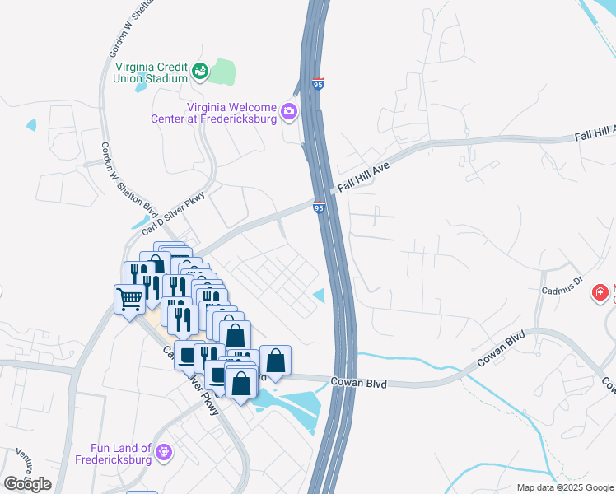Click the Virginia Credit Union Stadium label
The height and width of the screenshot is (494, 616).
click(152, 72)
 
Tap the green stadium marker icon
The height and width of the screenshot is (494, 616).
click(199, 72)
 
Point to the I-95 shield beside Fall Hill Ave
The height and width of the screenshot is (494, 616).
click(319, 208)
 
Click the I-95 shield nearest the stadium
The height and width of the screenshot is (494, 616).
click(319, 83)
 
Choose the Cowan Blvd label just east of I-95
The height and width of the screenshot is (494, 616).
click(358, 382)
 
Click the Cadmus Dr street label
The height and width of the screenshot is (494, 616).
click(562, 290)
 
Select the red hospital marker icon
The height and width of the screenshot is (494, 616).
click(600, 291)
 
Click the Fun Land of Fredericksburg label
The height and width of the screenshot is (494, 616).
click(122, 454)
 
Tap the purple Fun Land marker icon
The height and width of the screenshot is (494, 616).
click(164, 452)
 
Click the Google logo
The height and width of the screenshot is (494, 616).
click(27, 484)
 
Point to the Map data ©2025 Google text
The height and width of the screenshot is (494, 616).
click(564, 487)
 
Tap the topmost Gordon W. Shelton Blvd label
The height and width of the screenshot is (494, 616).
click(122, 29)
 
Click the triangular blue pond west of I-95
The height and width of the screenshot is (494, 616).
click(320, 295)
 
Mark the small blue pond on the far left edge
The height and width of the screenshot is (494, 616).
click(31, 125)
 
